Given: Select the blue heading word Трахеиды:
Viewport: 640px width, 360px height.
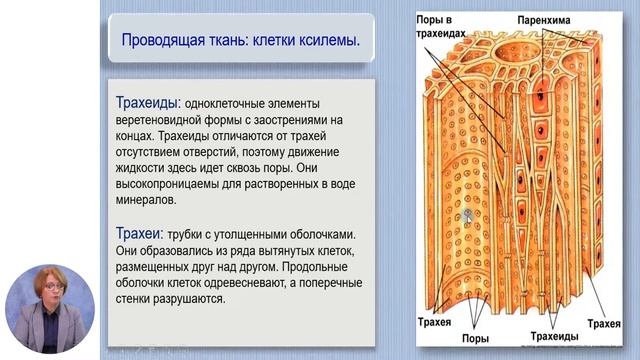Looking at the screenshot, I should point(147,103).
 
